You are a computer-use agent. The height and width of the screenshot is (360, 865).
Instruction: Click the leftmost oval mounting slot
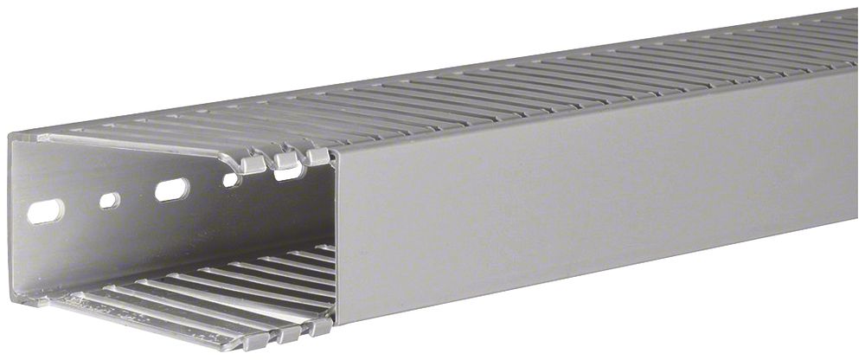[x=45, y=211]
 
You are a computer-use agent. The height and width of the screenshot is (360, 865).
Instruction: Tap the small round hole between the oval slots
[x=109, y=201]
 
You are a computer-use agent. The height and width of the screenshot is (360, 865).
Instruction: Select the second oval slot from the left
[x=172, y=189]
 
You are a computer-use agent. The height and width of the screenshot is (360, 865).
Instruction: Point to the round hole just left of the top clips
[x=231, y=180]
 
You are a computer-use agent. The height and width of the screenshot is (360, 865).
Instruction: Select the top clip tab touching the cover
[x=317, y=157]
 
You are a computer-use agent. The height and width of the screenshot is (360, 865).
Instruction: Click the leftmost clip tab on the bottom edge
[x=256, y=340]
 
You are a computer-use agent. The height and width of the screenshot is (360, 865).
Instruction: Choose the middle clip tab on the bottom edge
[x=288, y=335]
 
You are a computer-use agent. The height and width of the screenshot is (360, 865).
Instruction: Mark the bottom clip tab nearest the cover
[x=320, y=329]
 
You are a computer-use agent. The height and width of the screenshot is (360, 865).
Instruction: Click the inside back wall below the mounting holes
[x=173, y=242]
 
